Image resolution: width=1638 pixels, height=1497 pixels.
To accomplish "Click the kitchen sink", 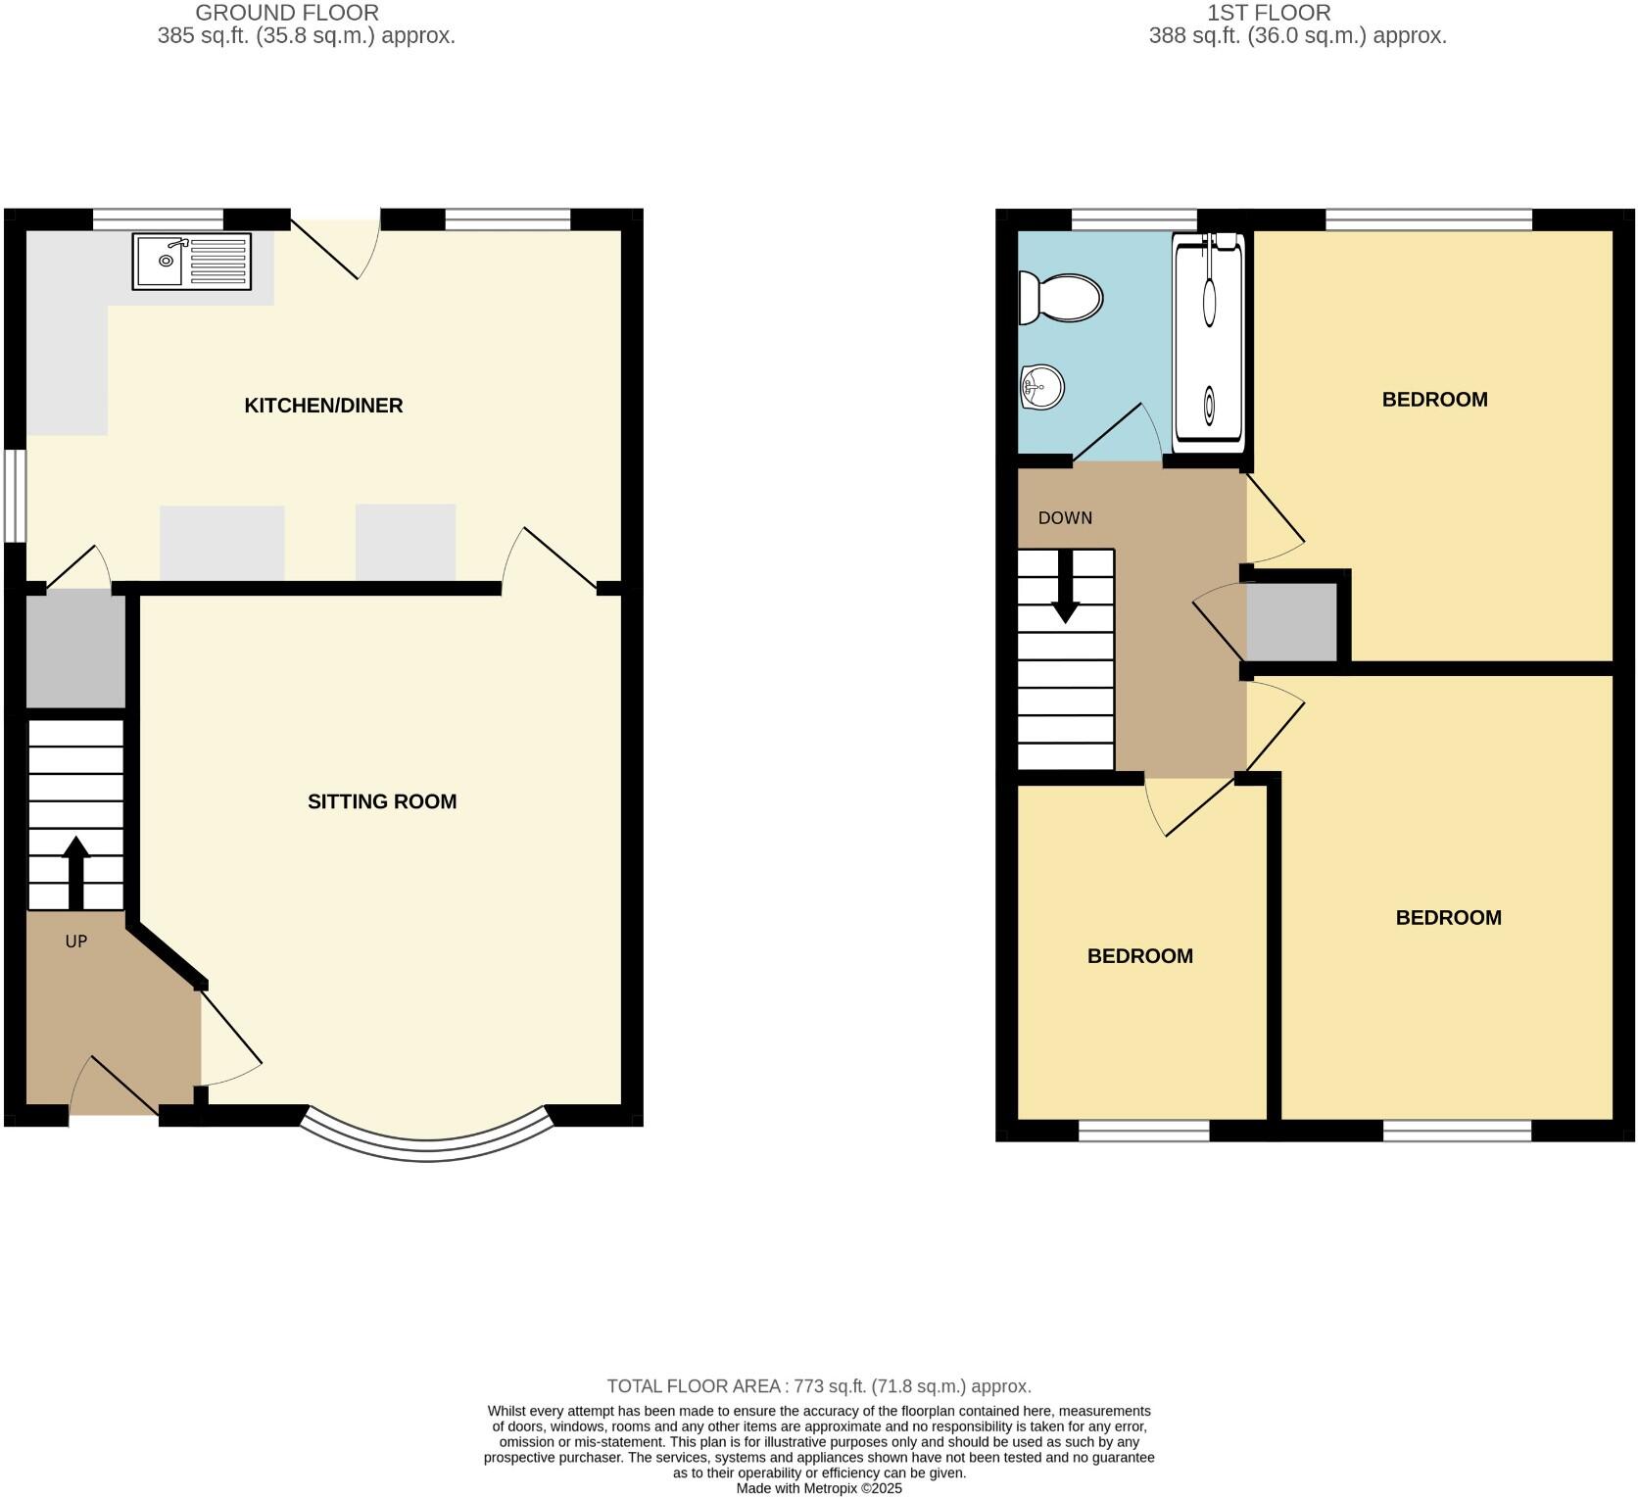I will pos(191,262).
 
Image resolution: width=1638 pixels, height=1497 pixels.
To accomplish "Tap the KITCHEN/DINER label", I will pos(323,406).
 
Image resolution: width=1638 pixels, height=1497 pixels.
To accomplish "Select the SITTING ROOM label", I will pos(382,801).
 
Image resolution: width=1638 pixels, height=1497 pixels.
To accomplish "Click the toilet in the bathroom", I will pos(1061,298).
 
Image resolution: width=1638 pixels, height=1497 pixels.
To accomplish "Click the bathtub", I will pos(1209,343).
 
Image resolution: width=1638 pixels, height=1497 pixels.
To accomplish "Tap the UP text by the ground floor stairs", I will pos(76,942).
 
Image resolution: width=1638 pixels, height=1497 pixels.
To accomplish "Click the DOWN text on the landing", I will pos(1065,518).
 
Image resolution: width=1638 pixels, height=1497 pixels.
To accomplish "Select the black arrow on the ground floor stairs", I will pos(75,872).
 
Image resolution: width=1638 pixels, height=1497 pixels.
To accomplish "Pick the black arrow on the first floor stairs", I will pos(1065,588).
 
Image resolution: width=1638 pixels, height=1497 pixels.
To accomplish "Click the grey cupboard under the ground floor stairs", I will pos(75,649).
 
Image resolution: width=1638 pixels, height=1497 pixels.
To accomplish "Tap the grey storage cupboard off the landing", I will pos(1291,622).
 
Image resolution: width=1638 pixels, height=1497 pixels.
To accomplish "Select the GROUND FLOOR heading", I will pos(287,13).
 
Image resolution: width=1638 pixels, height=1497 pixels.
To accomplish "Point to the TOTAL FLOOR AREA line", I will pos(818,1386).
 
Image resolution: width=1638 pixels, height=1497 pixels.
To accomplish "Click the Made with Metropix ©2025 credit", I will pos(819,1488).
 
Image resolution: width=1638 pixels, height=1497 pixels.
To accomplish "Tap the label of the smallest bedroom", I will pos(1140,956).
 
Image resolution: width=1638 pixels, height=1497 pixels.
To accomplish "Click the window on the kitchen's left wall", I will pos(15,495).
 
